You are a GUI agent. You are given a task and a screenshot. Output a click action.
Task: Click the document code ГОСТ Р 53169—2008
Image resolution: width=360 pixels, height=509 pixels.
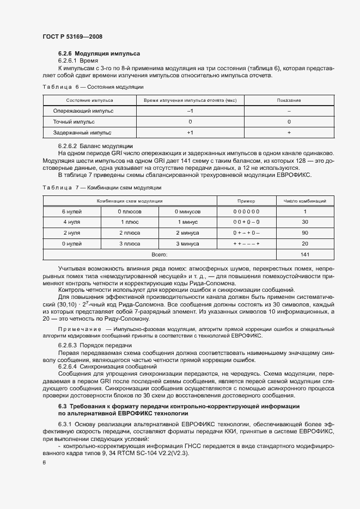[x=72, y=36]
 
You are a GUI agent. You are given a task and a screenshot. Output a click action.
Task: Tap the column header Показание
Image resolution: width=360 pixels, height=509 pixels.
[x=289, y=101]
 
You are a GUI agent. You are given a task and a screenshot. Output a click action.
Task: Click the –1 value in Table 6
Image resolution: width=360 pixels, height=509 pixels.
[x=190, y=111]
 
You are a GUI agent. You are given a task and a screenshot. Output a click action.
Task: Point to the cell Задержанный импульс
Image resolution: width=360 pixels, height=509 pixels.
[x=82, y=133]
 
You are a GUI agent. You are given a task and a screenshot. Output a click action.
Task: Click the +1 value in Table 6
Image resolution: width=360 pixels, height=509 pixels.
[x=190, y=133]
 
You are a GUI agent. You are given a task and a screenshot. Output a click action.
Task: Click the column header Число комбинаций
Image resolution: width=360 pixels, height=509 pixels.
[x=304, y=201]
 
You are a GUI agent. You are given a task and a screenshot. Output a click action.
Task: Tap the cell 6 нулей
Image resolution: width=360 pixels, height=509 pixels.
[x=71, y=211]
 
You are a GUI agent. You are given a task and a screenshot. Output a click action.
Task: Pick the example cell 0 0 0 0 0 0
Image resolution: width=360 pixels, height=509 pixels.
[x=246, y=211]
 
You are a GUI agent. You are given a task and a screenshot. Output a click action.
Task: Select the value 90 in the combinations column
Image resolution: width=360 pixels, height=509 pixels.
[x=304, y=233]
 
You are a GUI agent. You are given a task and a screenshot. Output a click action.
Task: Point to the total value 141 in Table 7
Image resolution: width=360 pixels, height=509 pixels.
[x=304, y=255]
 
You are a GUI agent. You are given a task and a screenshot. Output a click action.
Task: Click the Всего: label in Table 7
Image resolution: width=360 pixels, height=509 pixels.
[x=160, y=255]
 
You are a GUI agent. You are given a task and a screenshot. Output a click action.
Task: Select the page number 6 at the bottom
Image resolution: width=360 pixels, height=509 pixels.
[x=44, y=462]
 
